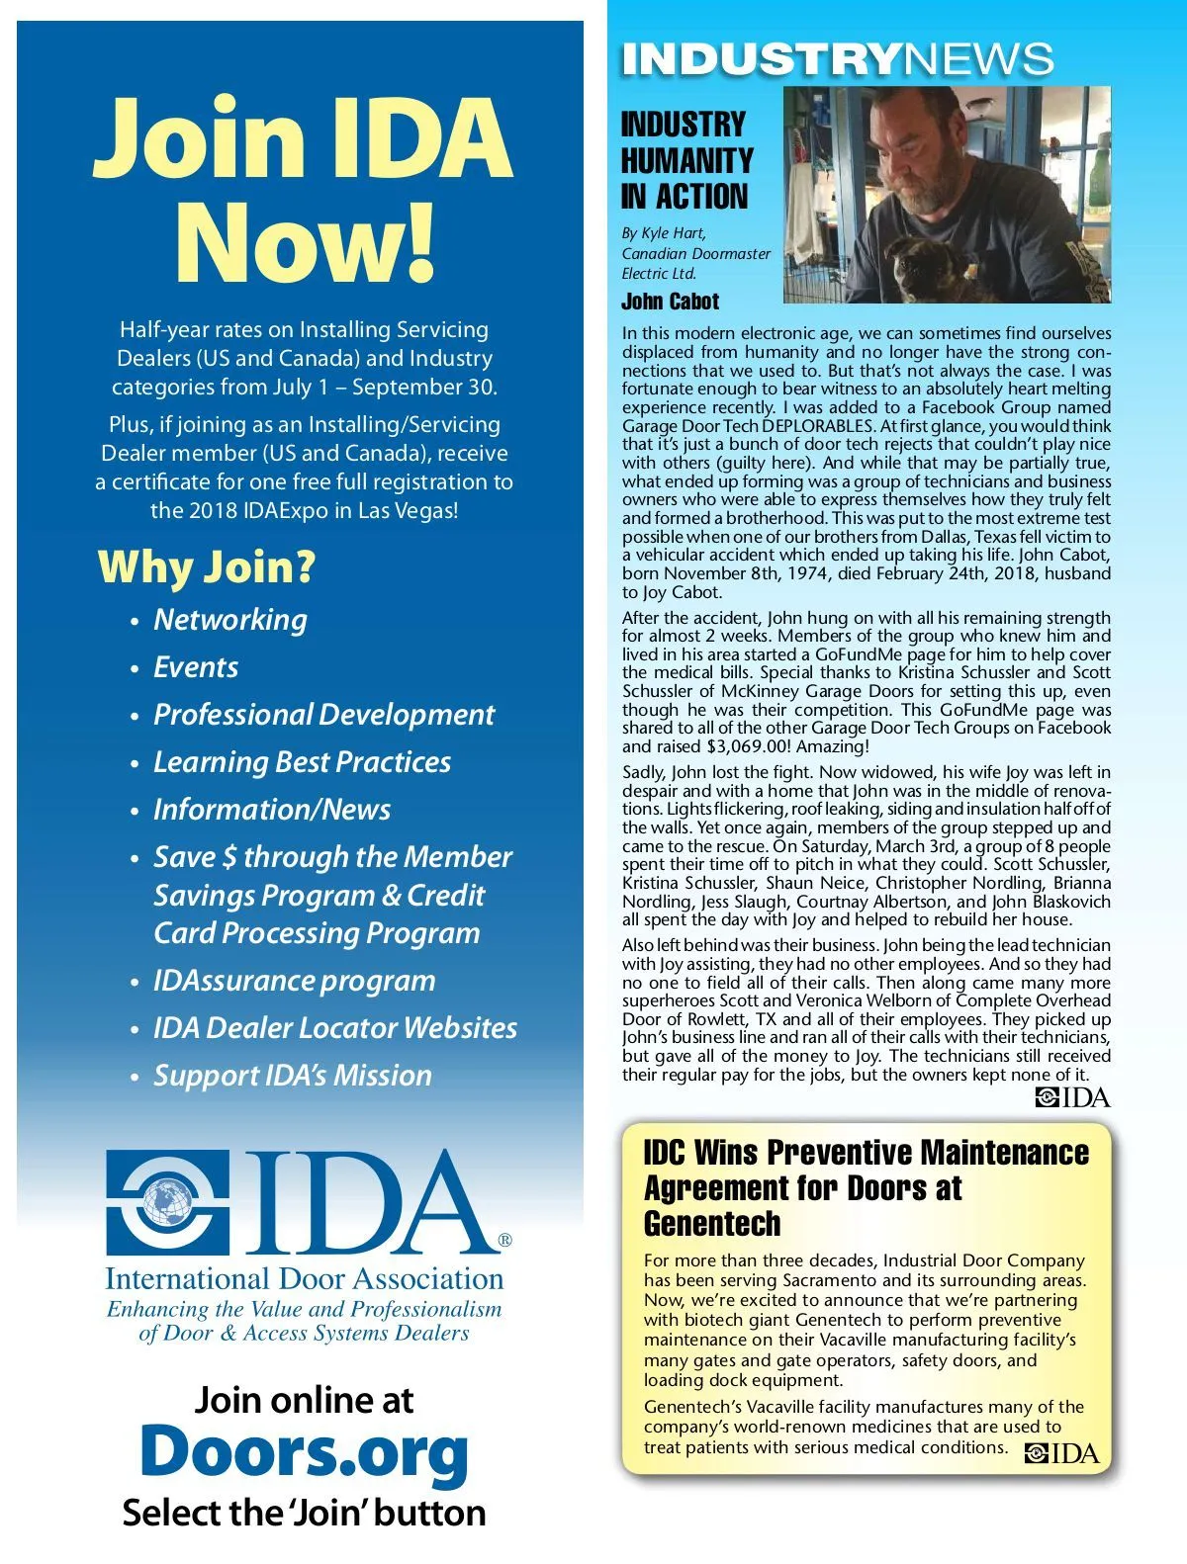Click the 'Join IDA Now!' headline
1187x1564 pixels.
tap(303, 188)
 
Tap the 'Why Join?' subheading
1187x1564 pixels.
tap(207, 567)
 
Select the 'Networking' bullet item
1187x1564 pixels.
tap(229, 620)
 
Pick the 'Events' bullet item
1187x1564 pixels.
tap(196, 667)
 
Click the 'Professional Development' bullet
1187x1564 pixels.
tap(323, 715)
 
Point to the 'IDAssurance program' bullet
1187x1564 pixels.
tap(294, 981)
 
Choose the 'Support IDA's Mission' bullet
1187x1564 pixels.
tap(292, 1076)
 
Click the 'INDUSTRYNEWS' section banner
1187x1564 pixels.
tap(837, 59)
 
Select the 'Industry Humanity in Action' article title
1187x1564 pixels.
tap(686, 160)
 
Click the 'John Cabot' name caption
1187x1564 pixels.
tap(670, 302)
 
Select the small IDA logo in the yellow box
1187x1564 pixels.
tap(1061, 1452)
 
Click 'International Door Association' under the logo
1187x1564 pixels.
tap(304, 1279)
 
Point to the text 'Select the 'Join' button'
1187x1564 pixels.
tap(304, 1513)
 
